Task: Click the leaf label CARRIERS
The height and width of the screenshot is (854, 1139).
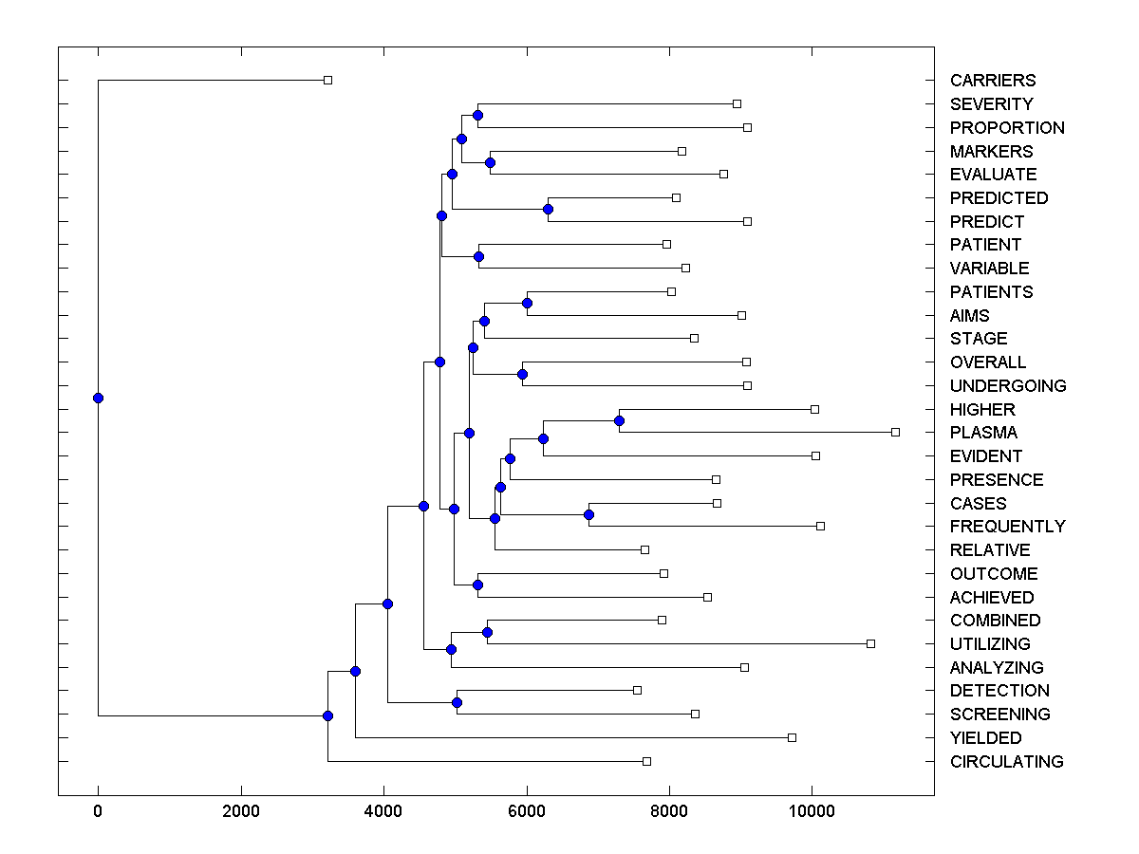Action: (993, 81)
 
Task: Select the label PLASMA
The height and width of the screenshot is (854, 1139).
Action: (983, 433)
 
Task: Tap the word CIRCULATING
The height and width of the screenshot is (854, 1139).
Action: (1006, 762)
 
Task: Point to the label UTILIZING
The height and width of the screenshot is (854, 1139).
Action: (990, 644)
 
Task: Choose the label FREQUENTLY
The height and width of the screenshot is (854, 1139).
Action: (1007, 527)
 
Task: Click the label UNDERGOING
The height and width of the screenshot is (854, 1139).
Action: (1008, 386)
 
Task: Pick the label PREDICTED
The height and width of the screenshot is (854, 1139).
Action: (999, 198)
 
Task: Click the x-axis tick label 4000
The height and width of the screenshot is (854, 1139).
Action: (383, 811)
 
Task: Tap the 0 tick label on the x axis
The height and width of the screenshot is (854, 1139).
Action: (98, 811)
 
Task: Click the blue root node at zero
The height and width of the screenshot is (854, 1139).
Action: (98, 398)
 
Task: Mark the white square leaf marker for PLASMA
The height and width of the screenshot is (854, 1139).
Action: (895, 432)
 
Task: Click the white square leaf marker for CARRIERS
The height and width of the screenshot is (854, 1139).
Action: (327, 80)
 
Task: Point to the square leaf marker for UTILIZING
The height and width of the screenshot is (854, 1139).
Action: (870, 643)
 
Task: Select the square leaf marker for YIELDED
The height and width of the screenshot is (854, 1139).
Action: (792, 737)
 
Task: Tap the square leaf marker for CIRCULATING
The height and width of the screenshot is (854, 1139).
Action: (646, 761)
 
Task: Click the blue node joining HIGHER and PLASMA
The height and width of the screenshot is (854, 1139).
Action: (619, 420)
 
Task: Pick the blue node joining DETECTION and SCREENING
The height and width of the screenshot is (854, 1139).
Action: (457, 702)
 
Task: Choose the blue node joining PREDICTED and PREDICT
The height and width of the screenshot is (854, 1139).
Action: (548, 209)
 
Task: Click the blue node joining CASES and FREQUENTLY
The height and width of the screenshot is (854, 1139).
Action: (588, 514)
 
